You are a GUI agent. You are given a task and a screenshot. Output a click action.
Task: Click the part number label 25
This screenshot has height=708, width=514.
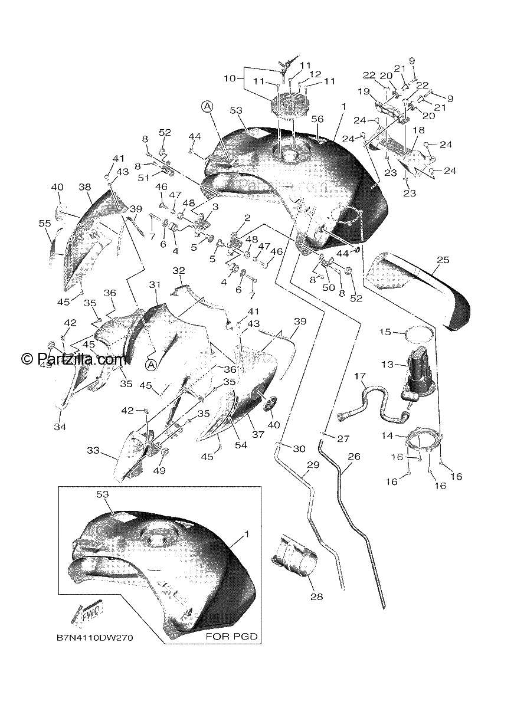(443, 260)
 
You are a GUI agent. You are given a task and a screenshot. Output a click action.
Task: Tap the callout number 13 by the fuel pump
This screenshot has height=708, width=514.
(387, 365)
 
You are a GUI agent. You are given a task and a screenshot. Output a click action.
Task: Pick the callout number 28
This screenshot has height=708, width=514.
(317, 596)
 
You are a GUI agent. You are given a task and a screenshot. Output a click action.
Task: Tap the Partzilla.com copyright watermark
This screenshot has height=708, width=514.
(74, 359)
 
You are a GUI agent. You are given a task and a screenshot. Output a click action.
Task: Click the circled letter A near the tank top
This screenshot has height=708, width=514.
(207, 107)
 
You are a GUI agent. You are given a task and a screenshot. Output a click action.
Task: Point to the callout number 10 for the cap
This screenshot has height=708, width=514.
(230, 78)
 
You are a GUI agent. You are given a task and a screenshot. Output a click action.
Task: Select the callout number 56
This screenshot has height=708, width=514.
(317, 119)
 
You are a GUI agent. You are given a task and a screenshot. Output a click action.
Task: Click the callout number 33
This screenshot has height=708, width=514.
(93, 450)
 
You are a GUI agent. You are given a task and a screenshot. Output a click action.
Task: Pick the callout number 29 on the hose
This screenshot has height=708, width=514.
(313, 465)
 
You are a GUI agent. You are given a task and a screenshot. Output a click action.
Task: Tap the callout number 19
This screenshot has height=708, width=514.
(364, 91)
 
